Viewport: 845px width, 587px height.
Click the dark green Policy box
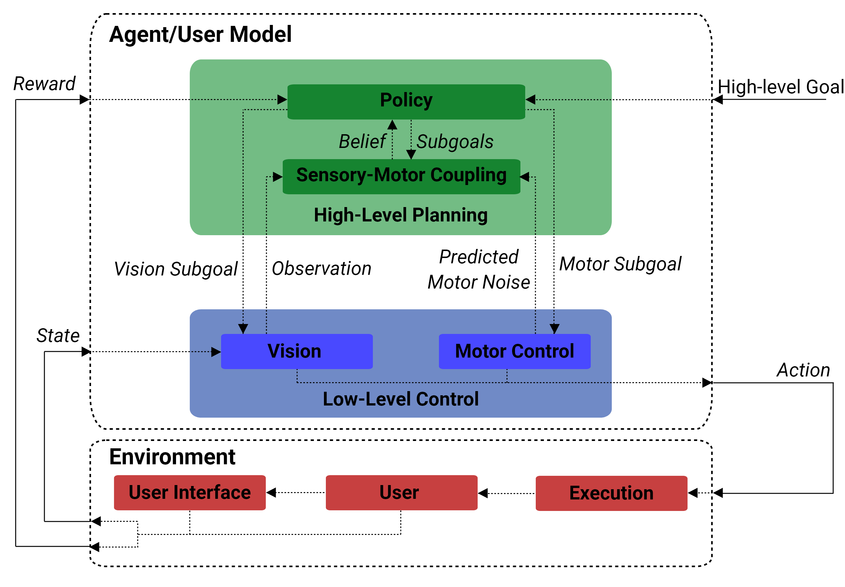click(x=406, y=102)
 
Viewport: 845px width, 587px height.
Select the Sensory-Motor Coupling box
click(x=401, y=176)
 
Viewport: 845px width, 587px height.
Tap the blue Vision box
click(x=297, y=351)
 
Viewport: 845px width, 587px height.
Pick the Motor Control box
click(x=515, y=351)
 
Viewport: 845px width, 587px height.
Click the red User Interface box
click(x=190, y=492)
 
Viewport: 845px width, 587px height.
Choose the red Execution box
click(x=611, y=493)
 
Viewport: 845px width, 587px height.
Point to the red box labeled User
click(x=402, y=492)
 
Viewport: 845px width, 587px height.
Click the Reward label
click(x=44, y=84)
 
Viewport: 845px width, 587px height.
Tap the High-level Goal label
click(x=781, y=87)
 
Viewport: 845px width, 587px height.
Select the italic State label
click(x=58, y=336)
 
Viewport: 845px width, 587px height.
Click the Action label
click(x=803, y=370)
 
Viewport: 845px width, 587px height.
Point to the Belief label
click(x=363, y=142)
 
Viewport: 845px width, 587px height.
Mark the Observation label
click(x=322, y=268)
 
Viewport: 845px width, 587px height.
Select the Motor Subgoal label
click(x=620, y=264)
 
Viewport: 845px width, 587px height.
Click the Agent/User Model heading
click(x=200, y=35)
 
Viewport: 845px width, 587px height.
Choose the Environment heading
click(x=172, y=457)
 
